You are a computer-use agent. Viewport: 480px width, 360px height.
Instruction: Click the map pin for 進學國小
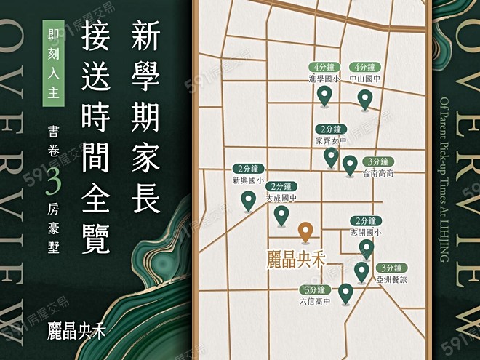tap(324, 95)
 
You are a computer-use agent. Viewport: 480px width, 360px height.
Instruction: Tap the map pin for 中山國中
tap(365, 98)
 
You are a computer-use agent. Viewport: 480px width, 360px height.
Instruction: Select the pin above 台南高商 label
tap(350, 164)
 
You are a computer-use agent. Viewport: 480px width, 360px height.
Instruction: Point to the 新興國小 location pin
tap(248, 199)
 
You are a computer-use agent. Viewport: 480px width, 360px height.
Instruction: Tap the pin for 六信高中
tap(345, 293)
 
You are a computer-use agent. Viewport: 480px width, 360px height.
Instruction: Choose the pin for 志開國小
tap(366, 249)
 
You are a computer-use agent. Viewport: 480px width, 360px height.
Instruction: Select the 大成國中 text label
tap(281, 197)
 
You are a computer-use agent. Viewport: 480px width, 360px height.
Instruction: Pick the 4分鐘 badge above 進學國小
tap(321, 67)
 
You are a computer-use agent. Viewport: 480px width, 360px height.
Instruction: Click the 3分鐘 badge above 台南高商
tap(378, 161)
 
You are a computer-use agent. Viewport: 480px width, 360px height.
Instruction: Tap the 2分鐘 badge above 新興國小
tap(246, 168)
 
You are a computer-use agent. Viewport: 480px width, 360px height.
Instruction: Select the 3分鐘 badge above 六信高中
tap(315, 289)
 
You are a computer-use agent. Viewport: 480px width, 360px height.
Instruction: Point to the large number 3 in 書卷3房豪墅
tap(53, 183)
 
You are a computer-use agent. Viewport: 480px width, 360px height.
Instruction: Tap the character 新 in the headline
tap(146, 36)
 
